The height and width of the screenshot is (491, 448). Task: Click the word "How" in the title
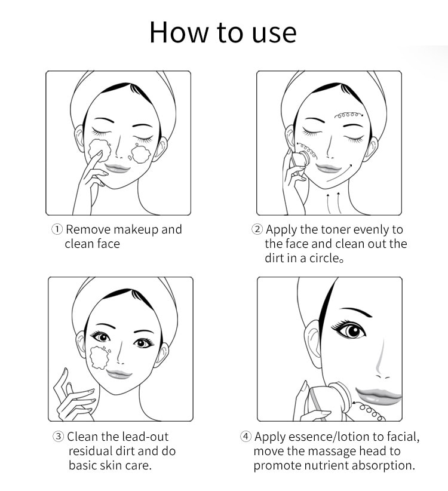pos(179,32)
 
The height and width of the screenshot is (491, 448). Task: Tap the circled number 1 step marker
pos(57,229)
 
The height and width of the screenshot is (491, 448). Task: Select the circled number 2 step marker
pos(257,229)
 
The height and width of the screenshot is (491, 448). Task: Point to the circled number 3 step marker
pos(58,436)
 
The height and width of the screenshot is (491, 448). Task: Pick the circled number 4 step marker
pos(246,436)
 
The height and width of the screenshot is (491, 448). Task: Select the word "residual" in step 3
pos(91,451)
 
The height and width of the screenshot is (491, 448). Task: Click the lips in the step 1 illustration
pos(117,168)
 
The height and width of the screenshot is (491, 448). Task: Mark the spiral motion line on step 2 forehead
pos(349,115)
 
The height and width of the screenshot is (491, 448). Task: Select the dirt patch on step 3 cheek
pos(100,357)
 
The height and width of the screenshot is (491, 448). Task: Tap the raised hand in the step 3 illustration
pos(74,395)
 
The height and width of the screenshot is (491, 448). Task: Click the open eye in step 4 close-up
pos(350,331)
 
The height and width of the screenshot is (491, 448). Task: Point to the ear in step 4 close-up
pos(314,344)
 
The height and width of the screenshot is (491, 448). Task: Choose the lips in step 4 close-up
pos(378,396)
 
